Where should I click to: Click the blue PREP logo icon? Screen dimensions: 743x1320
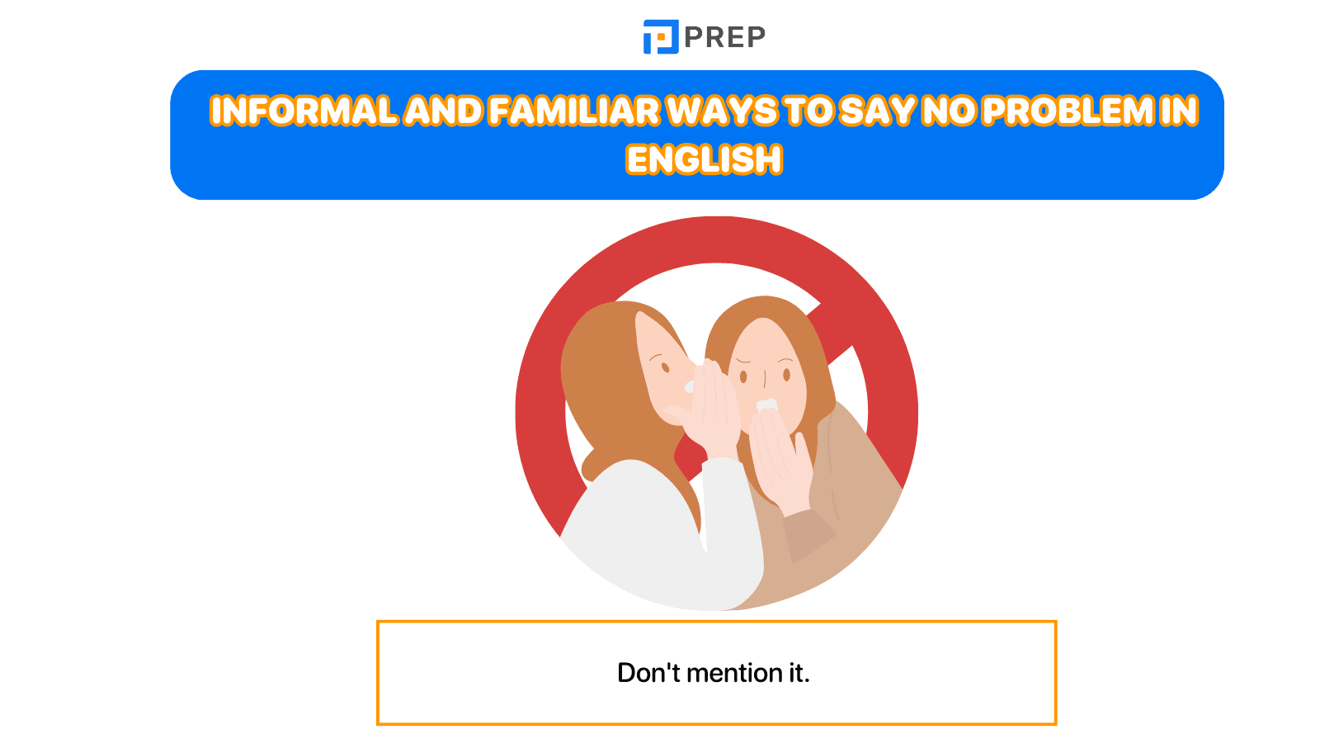[x=660, y=37]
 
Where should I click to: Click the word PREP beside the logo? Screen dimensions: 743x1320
[x=724, y=37]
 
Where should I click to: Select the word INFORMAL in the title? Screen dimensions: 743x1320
[x=303, y=111]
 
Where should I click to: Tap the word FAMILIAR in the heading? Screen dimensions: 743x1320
[x=574, y=111]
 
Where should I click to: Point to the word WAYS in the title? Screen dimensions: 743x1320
[x=721, y=111]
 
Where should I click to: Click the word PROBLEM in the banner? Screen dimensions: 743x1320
[x=1068, y=111]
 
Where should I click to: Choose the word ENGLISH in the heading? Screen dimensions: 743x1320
[x=704, y=159]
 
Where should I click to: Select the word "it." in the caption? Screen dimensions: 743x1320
[x=799, y=673]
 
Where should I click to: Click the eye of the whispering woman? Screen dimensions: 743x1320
[x=664, y=367]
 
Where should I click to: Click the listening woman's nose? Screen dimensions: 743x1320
[x=765, y=381]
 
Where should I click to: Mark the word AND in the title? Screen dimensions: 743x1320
[x=443, y=111]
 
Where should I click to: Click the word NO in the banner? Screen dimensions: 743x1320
[x=950, y=111]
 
